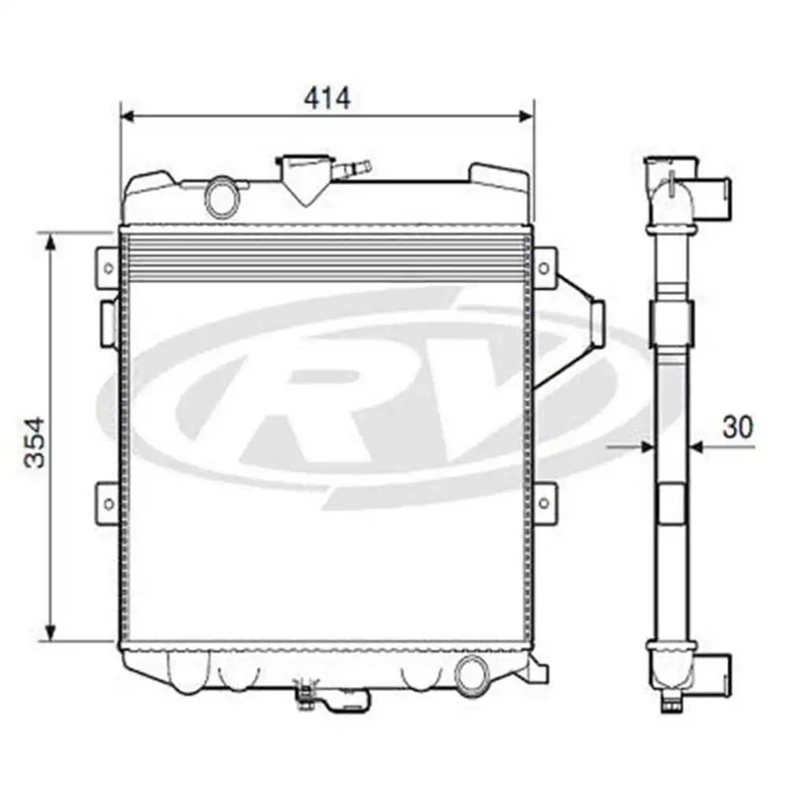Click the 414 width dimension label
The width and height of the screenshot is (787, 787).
[x=327, y=98]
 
